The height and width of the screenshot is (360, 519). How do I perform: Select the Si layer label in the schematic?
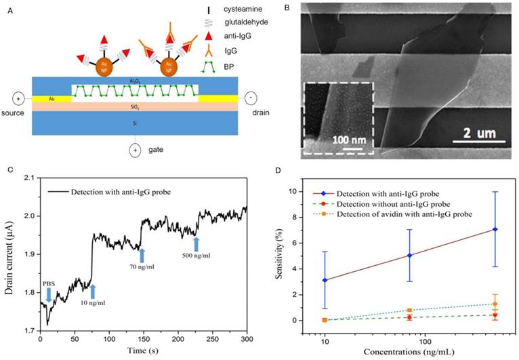(136, 123)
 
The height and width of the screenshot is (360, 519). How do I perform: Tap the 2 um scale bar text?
(472, 134)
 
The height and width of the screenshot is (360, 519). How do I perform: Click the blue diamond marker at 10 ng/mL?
(325, 280)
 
